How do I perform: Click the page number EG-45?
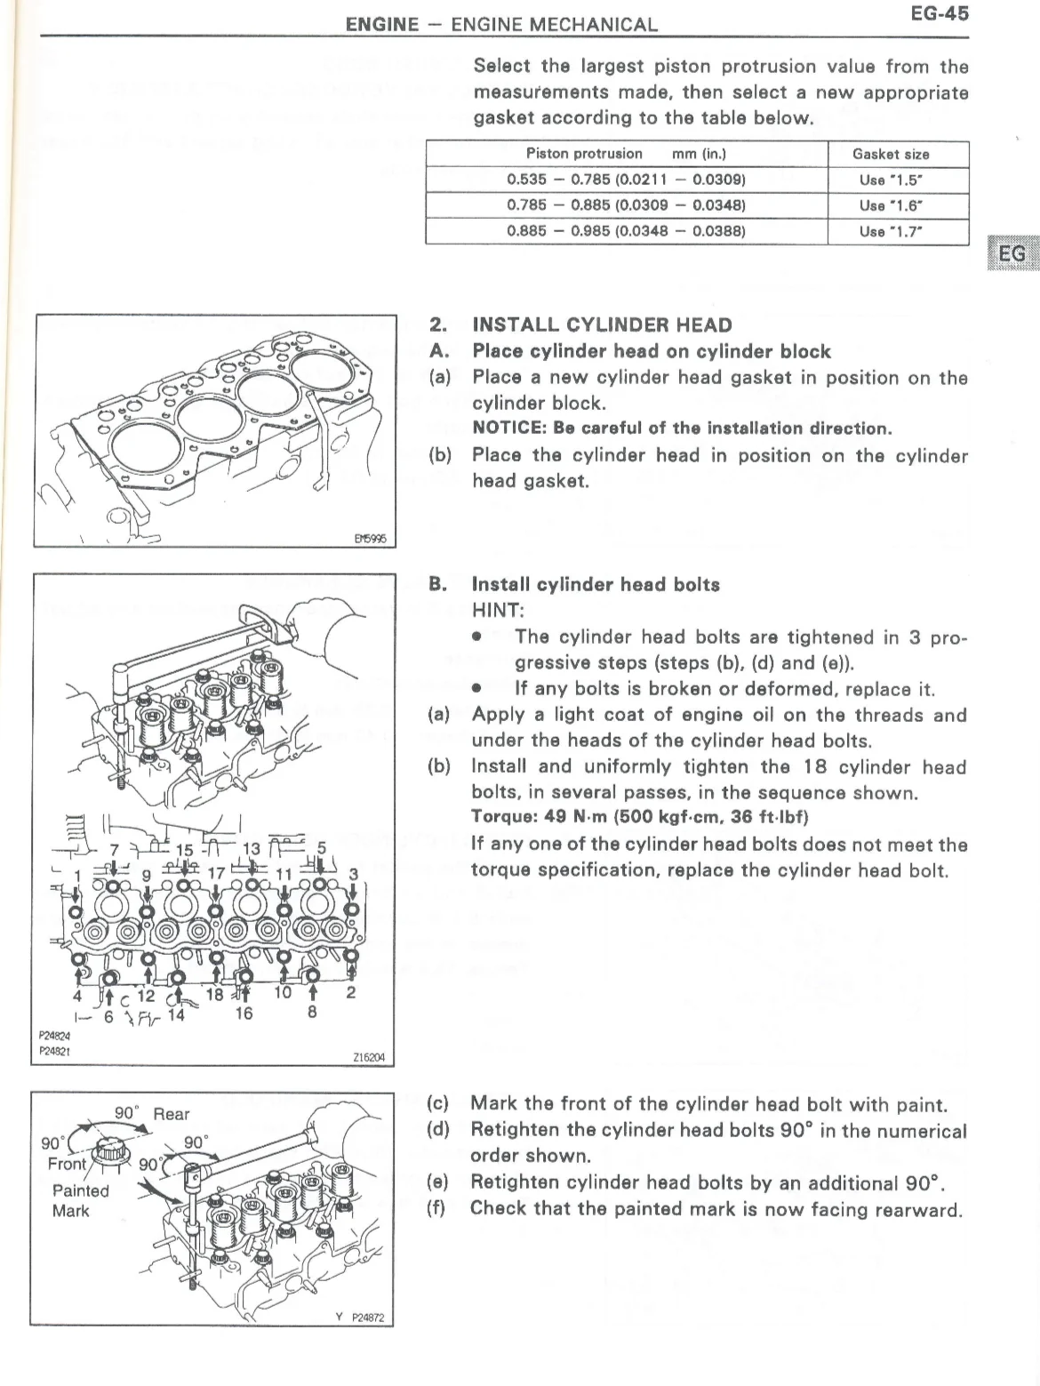[939, 14]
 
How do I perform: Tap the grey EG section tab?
[1012, 254]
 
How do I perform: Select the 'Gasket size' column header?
[891, 154]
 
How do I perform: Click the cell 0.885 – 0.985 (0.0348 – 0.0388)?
[626, 231]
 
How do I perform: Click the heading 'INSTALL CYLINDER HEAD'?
[602, 325]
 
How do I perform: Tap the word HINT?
[498, 611]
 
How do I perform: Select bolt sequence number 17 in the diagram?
[216, 872]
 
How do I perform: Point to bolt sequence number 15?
[184, 850]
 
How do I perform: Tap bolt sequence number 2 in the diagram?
[351, 992]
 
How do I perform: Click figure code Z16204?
[368, 1057]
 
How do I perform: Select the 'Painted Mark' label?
[80, 1200]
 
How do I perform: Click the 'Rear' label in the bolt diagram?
[172, 1114]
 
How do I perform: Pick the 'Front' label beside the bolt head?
[67, 1164]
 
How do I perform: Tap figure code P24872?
[368, 1318]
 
